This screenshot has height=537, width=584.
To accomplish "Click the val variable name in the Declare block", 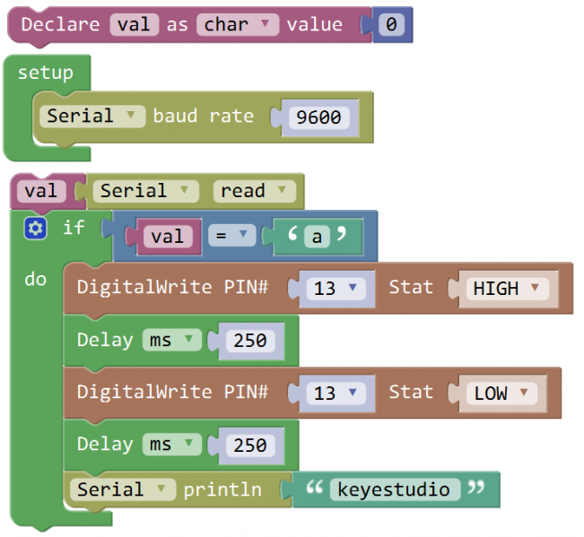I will point(135,24).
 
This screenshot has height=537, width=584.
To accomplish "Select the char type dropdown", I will point(237,24).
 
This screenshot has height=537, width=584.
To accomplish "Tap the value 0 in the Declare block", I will point(391,24).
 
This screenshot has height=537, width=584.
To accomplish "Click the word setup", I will point(45,73).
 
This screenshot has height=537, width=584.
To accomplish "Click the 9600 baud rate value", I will point(318,117).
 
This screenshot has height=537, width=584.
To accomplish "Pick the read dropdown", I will point(255,191).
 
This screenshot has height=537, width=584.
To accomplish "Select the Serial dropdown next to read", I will point(146,191).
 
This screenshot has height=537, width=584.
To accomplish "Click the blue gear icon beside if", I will point(35,229).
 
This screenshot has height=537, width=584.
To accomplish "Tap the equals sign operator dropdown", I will point(229,236).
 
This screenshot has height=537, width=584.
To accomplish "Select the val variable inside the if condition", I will point(168,236).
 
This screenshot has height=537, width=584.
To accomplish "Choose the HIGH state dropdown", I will point(508,288).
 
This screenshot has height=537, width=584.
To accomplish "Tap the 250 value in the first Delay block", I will point(250,341).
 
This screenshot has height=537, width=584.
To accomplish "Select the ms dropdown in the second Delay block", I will point(170,445).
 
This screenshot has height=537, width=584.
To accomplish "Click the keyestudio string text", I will point(395,489).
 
